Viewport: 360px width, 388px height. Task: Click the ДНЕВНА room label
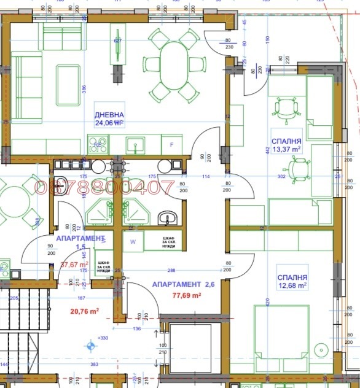(109, 115)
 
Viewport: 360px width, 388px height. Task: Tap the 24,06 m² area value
(109, 123)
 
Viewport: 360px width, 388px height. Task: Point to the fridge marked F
(171, 145)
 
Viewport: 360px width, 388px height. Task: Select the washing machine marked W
(133, 242)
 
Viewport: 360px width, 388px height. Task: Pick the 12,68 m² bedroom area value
(292, 285)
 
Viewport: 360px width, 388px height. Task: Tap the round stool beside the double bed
(322, 349)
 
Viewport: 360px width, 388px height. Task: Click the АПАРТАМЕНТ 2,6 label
(183, 285)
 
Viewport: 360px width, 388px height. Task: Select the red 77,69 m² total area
(186, 295)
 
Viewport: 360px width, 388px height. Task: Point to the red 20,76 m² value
(85, 311)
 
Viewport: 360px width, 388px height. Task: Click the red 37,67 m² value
(74, 265)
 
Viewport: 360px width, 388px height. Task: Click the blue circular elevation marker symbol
(92, 346)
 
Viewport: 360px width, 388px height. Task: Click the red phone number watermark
(105, 188)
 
